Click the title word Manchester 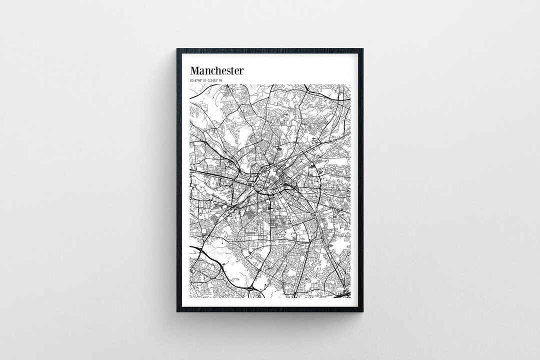[216, 70]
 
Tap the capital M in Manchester [194, 70]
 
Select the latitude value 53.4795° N [199, 80]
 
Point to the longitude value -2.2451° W [215, 80]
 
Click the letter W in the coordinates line [220, 80]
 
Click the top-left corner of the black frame [177, 49]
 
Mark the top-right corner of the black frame [362, 49]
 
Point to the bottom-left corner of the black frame [177, 311]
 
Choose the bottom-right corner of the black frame [362, 311]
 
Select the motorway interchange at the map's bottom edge [252, 288]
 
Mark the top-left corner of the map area [190, 84]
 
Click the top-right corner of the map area [350, 84]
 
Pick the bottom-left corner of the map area [190, 298]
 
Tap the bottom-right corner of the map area [350, 298]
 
